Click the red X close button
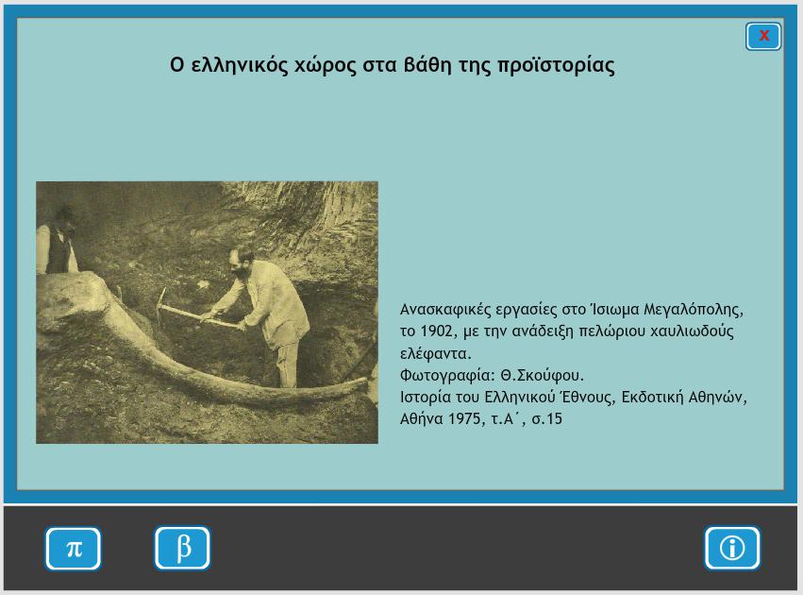(763, 36)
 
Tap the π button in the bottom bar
(74, 549)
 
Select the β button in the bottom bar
(182, 548)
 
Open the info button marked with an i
(732, 548)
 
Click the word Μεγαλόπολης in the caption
(694, 310)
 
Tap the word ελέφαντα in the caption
(435, 353)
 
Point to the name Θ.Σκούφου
(542, 376)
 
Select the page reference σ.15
(547, 419)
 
